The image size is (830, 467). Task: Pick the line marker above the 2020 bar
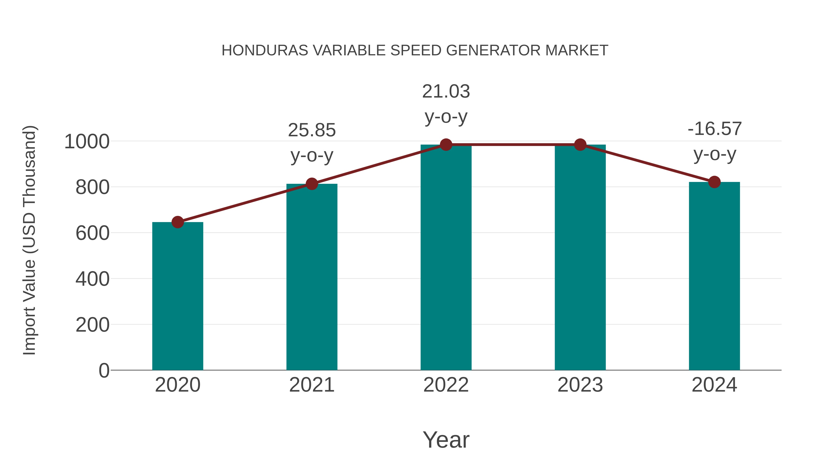178,222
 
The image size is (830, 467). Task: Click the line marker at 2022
446,145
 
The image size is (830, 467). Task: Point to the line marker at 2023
580,145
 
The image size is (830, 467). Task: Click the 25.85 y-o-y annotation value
311,130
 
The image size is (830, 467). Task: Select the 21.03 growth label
446,92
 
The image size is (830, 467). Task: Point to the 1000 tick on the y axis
87,142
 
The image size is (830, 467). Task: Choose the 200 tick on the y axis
92,325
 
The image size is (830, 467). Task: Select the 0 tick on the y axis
104,371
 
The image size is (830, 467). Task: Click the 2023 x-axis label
580,385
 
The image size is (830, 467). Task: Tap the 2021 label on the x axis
311,385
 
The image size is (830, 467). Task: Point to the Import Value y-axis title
29,240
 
